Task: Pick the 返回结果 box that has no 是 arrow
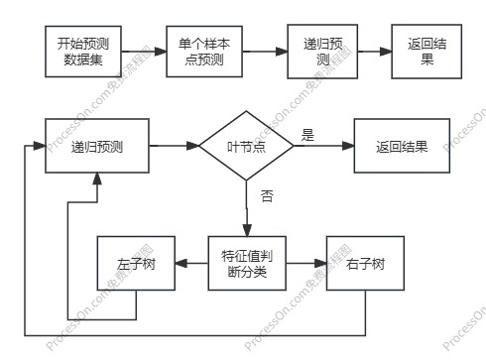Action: [427, 52]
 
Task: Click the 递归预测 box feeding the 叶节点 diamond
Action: [96, 146]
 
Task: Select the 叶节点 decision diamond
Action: [246, 146]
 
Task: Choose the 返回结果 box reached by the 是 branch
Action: [402, 146]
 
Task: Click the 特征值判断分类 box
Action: [246, 263]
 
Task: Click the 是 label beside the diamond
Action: [307, 134]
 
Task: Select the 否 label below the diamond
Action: [266, 195]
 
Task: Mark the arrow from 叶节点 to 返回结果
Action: [323, 146]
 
